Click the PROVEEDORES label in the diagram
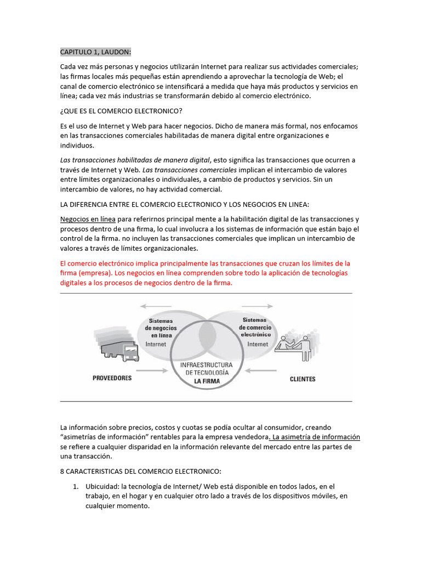coord(112,379)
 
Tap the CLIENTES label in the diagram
coord(302,379)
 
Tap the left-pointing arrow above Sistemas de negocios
coord(156,306)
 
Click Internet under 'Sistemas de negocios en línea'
coord(156,344)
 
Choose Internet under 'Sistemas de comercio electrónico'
coord(258,344)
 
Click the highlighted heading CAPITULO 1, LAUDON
coord(96,52)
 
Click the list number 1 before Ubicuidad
coord(76,487)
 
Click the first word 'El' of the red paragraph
coord(64,263)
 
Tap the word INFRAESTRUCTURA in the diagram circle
coord(206,364)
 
